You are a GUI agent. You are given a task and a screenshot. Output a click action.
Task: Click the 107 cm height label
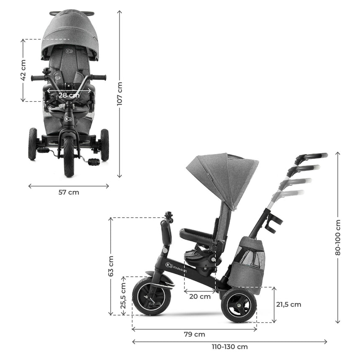[120, 94]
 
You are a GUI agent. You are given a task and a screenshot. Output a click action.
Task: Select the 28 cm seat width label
[69, 95]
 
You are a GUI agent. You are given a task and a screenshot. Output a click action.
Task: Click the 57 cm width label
[68, 193]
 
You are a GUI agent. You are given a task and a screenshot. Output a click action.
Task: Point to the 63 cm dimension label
[111, 266]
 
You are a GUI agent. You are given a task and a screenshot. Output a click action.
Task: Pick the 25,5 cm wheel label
[123, 296]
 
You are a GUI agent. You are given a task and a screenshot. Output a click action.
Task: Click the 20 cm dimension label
[200, 296]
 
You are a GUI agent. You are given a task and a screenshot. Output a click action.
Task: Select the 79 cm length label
[195, 334]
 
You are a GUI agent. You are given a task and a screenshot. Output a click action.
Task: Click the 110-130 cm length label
[230, 347]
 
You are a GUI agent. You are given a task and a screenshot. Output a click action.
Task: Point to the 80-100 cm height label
[338, 237]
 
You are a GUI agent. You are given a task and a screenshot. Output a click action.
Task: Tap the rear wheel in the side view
[239, 305]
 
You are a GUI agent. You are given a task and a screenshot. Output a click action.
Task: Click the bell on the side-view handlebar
[169, 216]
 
